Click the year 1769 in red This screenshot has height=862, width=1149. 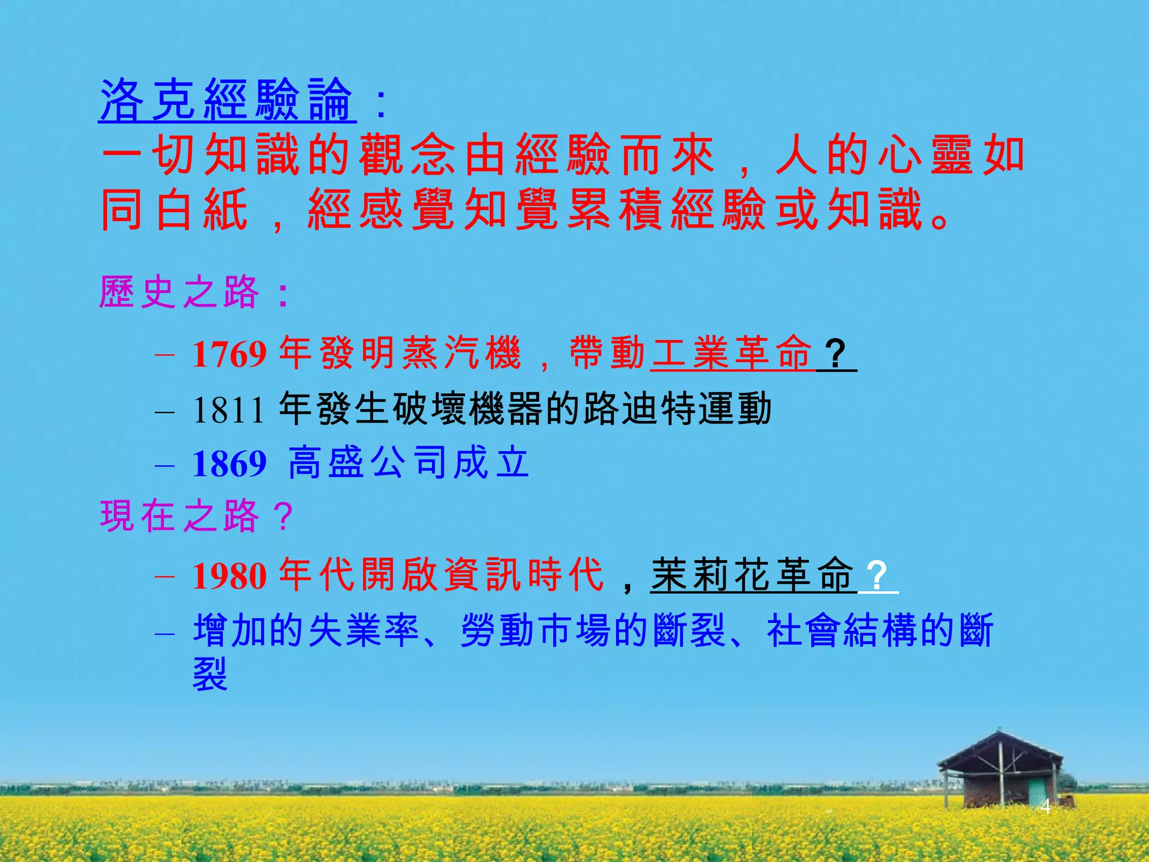(x=229, y=354)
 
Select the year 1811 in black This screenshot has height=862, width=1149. (x=228, y=410)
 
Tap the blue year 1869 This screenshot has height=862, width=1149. (x=229, y=464)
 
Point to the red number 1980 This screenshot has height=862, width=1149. (x=229, y=576)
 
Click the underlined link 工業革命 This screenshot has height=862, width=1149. (x=732, y=353)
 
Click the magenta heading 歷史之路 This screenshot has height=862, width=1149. (x=180, y=292)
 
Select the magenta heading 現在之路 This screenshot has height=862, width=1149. (x=180, y=516)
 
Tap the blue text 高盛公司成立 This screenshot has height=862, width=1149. (x=408, y=463)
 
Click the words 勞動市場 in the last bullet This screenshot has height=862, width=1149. (x=535, y=630)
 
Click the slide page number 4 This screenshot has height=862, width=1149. (x=1045, y=806)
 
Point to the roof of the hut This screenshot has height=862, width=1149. (x=1000, y=749)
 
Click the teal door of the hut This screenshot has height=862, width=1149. (x=1036, y=791)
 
